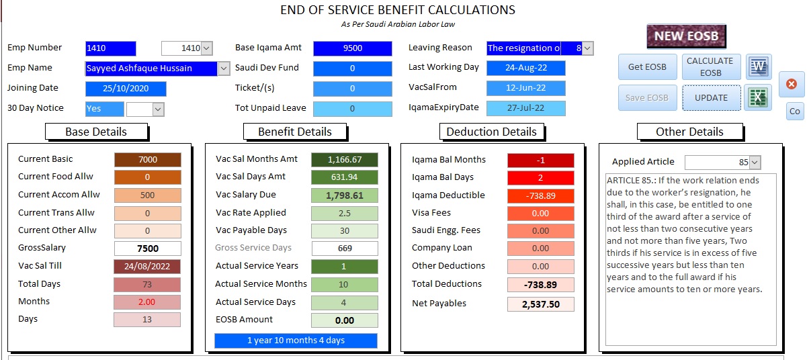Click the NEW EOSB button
coord(686,36)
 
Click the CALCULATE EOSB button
coord(711,67)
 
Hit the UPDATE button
coord(711,97)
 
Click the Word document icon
coord(759,67)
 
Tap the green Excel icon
coord(759,97)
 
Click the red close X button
coord(791,84)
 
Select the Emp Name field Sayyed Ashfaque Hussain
coord(152,69)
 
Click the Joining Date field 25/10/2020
coord(126,89)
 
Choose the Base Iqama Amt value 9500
coord(352,48)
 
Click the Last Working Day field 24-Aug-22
coord(525,68)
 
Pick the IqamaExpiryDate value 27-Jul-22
coord(525,108)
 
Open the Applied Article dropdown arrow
coord(755,163)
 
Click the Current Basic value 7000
coord(147,160)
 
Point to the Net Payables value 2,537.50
coord(540,304)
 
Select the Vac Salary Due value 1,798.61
coord(344,195)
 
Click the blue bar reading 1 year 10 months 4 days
coord(296,341)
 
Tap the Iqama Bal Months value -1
coord(540,161)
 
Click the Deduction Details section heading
coord(491,132)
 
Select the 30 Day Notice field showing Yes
coord(104,109)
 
